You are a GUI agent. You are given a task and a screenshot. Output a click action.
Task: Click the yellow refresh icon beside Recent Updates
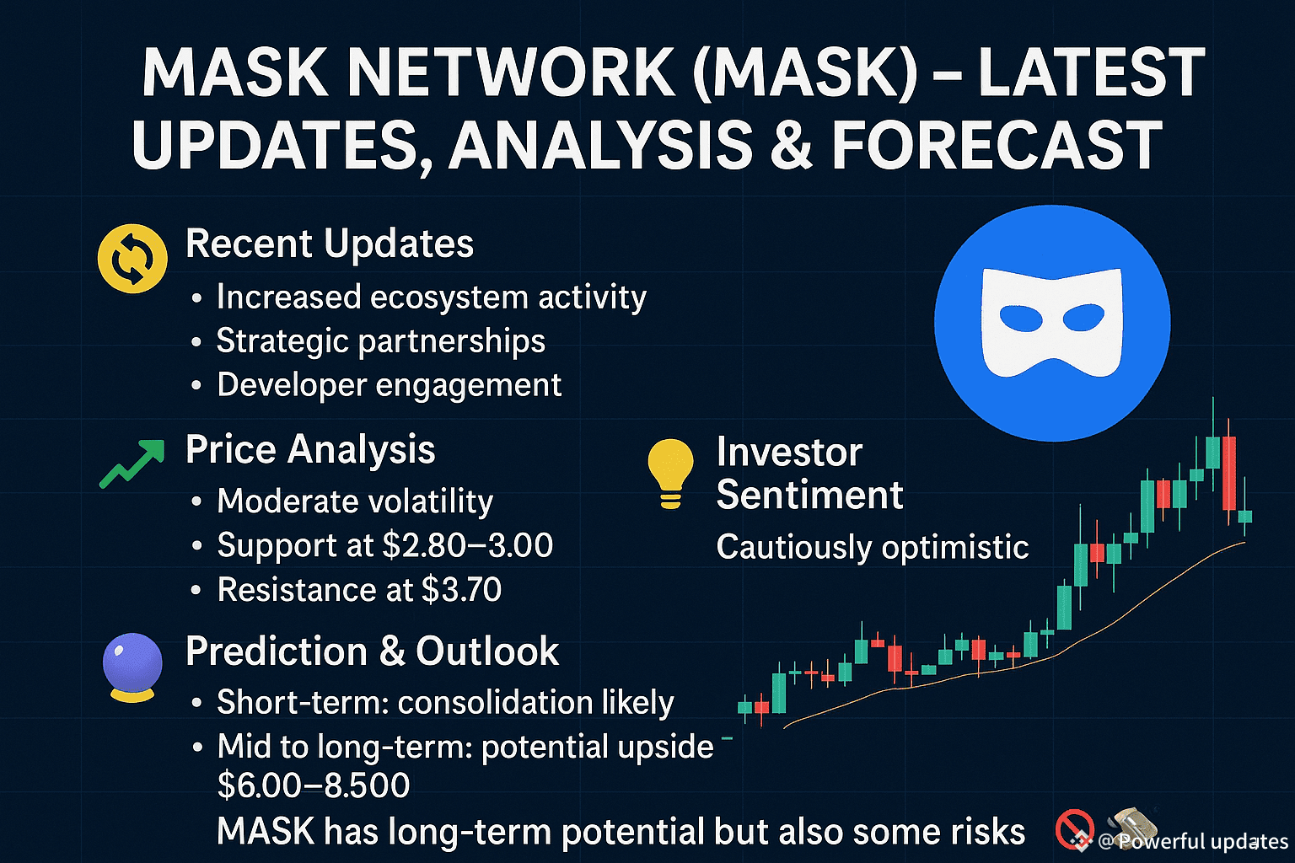[132, 259]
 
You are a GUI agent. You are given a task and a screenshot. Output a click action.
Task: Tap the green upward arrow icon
[132, 464]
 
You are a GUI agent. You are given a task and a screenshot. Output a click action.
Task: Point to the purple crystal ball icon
[132, 667]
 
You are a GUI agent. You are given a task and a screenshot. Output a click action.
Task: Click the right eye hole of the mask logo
[1083, 317]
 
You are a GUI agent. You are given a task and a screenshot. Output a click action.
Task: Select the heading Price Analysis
[310, 449]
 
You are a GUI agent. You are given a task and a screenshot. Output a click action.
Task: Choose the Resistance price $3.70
[461, 590]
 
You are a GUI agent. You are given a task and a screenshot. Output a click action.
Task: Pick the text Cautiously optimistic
[873, 547]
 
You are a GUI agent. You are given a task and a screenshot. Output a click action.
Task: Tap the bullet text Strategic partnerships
[381, 340]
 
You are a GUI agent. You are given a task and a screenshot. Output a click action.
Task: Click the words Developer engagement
[389, 384]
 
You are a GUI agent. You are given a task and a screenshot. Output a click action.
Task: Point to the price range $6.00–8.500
[314, 785]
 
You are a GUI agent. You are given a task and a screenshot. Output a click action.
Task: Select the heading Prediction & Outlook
[373, 651]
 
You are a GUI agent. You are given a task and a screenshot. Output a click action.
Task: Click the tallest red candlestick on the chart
[1229, 472]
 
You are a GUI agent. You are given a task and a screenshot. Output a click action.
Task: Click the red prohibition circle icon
[1074, 829]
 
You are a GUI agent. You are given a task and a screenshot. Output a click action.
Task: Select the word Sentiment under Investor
[809, 495]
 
